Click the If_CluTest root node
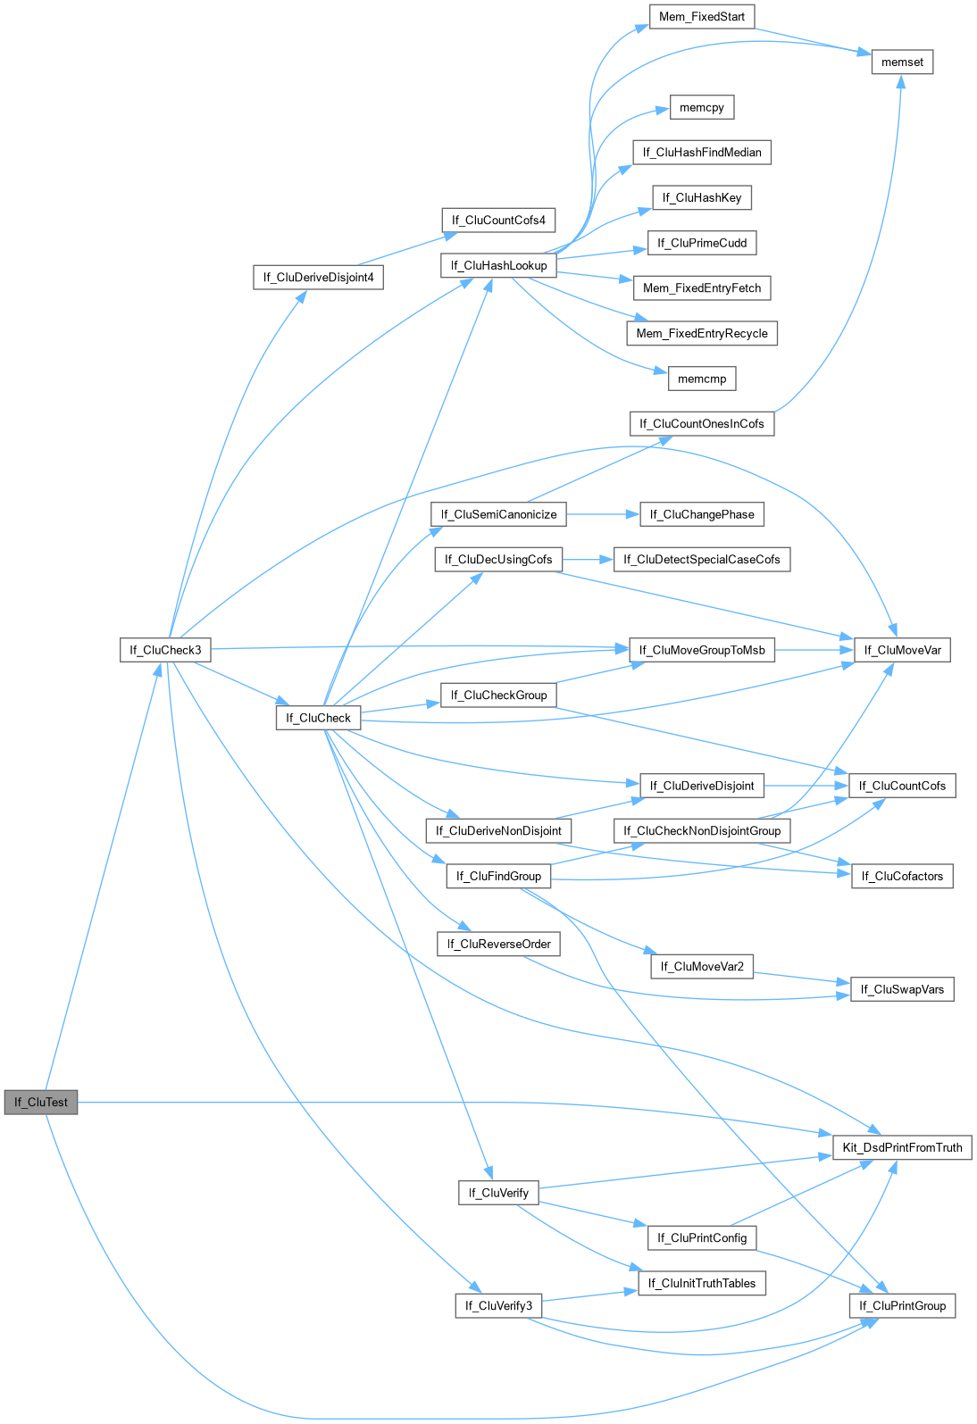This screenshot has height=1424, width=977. click(x=41, y=1102)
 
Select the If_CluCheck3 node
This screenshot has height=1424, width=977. click(x=165, y=650)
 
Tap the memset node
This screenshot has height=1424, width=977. click(x=902, y=62)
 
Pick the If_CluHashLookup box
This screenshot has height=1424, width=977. click(x=498, y=265)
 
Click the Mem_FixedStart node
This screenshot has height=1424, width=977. click(x=701, y=16)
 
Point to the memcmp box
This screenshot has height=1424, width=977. click(x=702, y=379)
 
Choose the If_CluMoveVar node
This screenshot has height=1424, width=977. click(x=902, y=650)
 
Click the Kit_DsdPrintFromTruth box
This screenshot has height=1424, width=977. click(x=902, y=1147)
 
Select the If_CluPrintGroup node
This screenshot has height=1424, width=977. click(x=902, y=1305)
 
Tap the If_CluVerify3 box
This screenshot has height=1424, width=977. click(x=498, y=1305)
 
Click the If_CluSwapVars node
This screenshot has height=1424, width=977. click(x=902, y=989)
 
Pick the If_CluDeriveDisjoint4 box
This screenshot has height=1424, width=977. click(x=318, y=277)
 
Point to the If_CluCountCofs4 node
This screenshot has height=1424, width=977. click(x=498, y=220)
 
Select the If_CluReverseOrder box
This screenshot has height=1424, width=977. click(x=498, y=944)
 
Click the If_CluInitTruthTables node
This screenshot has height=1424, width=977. click(x=702, y=1283)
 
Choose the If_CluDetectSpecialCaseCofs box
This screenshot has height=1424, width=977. click(x=702, y=559)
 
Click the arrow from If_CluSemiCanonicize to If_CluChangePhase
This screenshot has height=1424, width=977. click(x=603, y=514)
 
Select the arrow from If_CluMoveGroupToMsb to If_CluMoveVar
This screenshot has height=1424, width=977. click(x=814, y=650)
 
